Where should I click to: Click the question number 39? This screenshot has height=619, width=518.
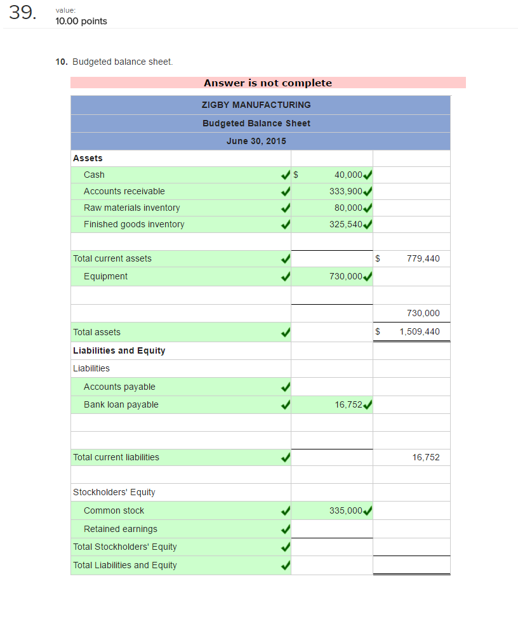pyautogui.click(x=22, y=13)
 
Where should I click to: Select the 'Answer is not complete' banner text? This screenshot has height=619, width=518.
pyautogui.click(x=267, y=83)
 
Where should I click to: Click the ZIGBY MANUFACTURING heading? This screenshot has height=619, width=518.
pyautogui.click(x=256, y=105)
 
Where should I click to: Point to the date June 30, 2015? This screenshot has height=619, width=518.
pyautogui.click(x=256, y=141)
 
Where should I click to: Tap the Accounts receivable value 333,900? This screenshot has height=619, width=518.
pyautogui.click(x=346, y=191)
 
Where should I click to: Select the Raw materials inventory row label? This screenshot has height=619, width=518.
pyautogui.click(x=131, y=208)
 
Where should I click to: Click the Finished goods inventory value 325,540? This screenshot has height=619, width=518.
pyautogui.click(x=346, y=224)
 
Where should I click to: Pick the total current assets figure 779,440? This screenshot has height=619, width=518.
pyautogui.click(x=423, y=258)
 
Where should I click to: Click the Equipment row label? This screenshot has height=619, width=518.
pyautogui.click(x=105, y=276)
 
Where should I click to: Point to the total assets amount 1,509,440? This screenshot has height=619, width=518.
pyautogui.click(x=419, y=331)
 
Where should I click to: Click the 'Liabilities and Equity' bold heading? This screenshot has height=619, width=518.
pyautogui.click(x=119, y=350)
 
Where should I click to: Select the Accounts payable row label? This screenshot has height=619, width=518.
pyautogui.click(x=119, y=387)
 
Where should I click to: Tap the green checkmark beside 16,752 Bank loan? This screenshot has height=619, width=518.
pyautogui.click(x=368, y=405)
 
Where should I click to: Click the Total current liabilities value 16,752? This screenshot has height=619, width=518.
pyautogui.click(x=425, y=457)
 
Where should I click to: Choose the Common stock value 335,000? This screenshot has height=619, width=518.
pyautogui.click(x=346, y=510)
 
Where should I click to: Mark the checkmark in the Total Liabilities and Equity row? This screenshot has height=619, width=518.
pyautogui.click(x=286, y=566)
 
